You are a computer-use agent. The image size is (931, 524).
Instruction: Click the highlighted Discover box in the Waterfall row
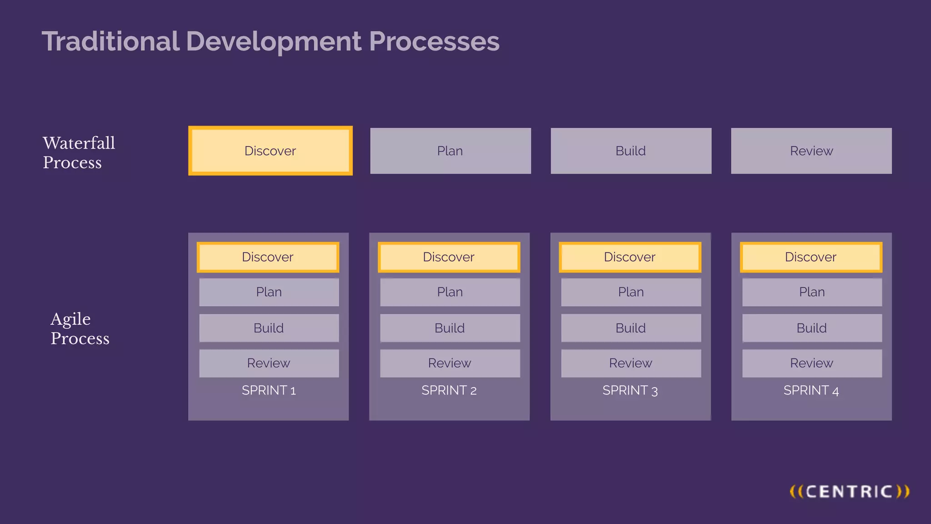pos(270,151)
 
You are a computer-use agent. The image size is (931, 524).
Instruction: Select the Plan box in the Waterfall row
pos(450,151)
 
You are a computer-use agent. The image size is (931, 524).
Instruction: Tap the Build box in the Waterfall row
pos(631,151)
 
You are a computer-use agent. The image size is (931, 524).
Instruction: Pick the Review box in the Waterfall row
pos(811,151)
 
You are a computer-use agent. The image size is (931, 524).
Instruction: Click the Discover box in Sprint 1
pos(268,257)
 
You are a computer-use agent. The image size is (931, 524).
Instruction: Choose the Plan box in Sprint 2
pos(450,292)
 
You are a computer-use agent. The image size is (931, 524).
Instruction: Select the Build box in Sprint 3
pos(631,328)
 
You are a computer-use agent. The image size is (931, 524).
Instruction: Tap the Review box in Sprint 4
pos(811,363)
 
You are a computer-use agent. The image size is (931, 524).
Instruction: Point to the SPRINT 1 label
pos(269,390)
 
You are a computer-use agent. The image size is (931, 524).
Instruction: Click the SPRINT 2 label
pos(449,390)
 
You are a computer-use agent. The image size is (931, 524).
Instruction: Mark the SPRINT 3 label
pos(630,390)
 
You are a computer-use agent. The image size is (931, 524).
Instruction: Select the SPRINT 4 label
pos(811,390)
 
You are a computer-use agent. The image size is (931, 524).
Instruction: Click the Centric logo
pos(849,492)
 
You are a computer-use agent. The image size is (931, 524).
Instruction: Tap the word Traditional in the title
pos(110,41)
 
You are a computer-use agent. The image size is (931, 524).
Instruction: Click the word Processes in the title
pos(434,41)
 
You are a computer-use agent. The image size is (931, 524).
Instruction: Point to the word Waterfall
pos(79,143)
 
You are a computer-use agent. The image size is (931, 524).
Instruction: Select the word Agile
pos(70,319)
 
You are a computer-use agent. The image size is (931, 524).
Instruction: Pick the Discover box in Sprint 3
pos(630,257)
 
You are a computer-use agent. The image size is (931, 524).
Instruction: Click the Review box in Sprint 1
pos(269,363)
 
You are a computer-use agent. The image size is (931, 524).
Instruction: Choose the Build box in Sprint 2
pos(450,328)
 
